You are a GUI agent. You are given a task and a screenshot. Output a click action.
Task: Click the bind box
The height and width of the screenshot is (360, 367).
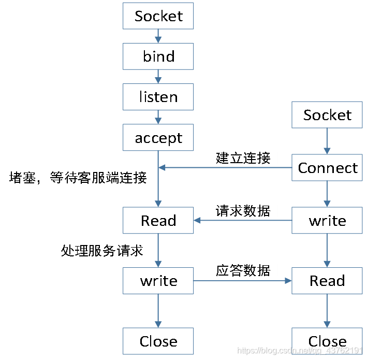point(158,56)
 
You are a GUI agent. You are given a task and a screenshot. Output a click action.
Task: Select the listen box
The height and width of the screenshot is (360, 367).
point(158,97)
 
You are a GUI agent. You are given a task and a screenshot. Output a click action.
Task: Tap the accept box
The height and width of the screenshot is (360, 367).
point(158,138)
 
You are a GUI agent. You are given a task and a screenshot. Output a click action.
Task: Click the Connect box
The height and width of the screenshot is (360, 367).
point(327,168)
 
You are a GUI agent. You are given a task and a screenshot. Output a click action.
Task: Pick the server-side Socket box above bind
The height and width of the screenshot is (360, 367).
point(158,16)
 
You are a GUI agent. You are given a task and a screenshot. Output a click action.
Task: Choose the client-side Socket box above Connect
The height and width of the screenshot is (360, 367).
point(327,115)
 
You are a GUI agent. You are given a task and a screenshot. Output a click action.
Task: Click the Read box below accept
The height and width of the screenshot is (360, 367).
point(158,221)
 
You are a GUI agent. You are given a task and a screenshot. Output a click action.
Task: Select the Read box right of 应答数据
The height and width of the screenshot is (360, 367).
point(327,281)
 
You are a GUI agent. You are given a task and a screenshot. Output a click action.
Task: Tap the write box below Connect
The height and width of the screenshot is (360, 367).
point(327,221)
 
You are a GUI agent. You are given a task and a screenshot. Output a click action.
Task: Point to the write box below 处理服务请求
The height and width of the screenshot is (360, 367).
point(158,281)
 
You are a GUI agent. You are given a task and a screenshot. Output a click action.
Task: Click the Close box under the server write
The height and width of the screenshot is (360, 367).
point(158,341)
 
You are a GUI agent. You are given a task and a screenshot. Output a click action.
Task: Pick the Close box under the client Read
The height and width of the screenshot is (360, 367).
point(327,341)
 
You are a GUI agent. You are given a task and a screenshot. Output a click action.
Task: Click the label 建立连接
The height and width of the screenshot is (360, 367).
point(243,157)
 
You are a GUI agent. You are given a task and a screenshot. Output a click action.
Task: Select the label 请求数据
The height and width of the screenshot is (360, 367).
point(243,210)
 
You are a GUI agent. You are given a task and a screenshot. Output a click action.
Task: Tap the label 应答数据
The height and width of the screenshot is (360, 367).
point(243,270)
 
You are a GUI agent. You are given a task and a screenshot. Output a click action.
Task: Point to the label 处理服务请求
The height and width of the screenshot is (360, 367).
point(102,251)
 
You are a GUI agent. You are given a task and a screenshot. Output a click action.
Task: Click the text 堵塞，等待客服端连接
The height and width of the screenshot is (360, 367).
point(78,178)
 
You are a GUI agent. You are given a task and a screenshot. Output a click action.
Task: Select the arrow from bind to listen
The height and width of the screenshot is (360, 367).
point(158,77)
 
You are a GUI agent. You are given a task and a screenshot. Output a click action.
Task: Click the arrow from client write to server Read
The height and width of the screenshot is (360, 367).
point(243,221)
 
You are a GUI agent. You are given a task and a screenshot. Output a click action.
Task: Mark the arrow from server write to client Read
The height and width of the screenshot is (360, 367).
point(243,281)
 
